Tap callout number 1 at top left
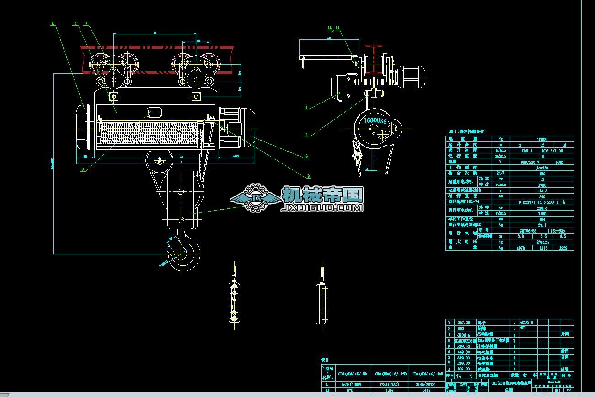pos(53,22)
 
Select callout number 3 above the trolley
pos(86,23)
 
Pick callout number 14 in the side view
pos(338,28)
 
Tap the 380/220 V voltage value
pos(523,162)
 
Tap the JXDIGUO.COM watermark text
pos(323,207)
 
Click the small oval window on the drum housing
pos(155,112)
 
